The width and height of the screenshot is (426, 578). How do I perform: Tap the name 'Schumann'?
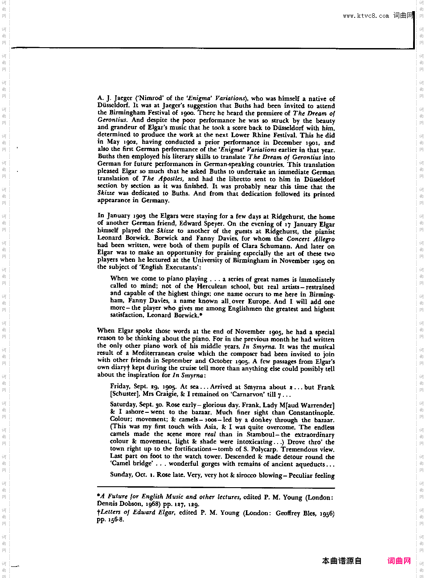point(275,246)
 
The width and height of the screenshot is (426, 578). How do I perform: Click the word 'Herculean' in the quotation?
point(212,287)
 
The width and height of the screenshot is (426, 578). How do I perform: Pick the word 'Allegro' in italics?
point(324,239)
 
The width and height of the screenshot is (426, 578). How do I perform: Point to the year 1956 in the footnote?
point(327,513)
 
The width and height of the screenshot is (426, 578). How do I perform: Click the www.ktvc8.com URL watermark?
point(366,16)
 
